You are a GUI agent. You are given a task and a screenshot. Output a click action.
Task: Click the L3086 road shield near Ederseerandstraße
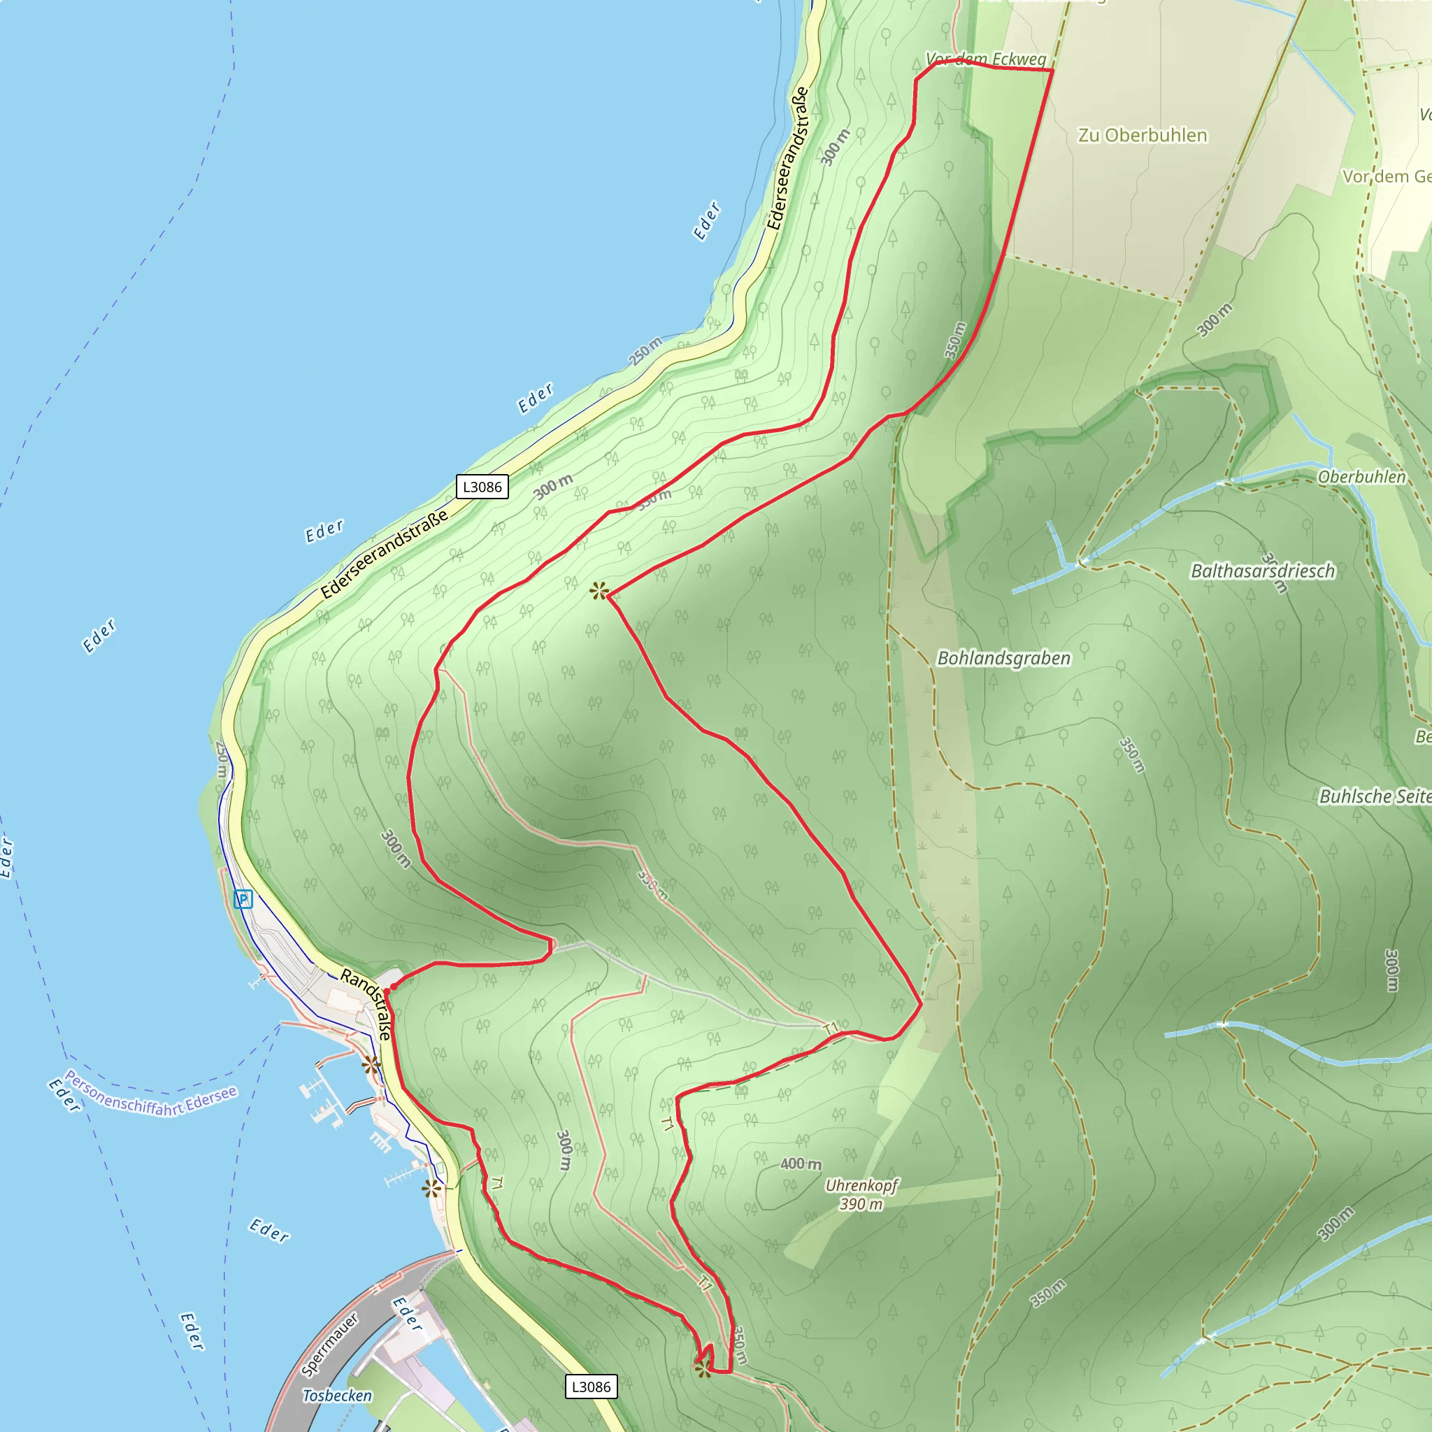[482, 487]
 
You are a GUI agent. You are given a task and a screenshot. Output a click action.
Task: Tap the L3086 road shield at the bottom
[591, 1386]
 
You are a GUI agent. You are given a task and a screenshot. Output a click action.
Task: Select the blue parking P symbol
[243, 900]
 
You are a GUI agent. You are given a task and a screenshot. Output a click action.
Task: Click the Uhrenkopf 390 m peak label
[861, 1194]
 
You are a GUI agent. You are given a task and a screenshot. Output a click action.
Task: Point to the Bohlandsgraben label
[1003, 658]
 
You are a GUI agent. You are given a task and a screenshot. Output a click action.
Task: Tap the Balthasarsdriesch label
[1262, 571]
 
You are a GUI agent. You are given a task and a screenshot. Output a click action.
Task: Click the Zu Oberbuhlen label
[1143, 136]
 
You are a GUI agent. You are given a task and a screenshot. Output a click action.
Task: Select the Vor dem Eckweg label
[985, 59]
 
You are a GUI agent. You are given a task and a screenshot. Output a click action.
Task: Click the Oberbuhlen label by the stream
[1361, 477]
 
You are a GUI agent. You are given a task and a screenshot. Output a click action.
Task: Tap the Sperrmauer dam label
[331, 1344]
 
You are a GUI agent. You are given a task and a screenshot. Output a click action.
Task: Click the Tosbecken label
[337, 1395]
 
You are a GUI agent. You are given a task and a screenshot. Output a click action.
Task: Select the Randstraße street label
[366, 1004]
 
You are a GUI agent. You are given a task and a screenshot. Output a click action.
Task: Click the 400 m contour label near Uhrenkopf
[801, 1163]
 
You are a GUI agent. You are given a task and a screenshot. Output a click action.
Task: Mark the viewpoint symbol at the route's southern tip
[703, 1370]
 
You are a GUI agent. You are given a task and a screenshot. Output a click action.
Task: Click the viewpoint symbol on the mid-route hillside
[599, 592]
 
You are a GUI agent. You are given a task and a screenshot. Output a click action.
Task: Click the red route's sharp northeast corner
[1052, 71]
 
